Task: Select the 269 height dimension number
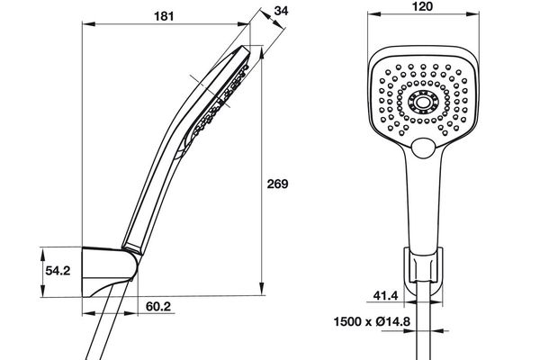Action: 279,184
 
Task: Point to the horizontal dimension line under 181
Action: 164,26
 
